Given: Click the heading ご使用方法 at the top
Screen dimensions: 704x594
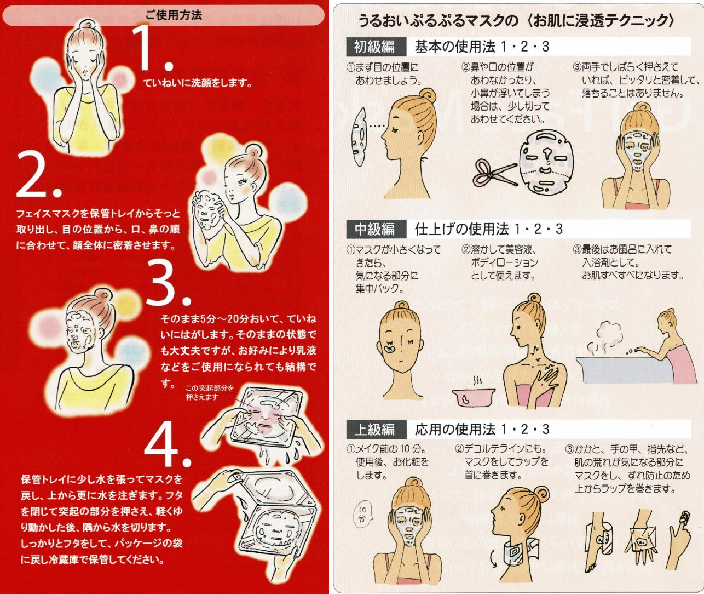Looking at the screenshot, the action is point(174,15).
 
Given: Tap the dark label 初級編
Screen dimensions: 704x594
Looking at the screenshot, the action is point(375,47).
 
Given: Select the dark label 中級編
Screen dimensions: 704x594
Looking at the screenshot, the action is point(375,229).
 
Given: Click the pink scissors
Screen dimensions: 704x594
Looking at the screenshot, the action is point(494,173).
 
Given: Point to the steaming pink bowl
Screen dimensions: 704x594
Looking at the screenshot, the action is point(474,396).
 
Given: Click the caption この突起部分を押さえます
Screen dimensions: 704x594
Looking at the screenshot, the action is point(210,392).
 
